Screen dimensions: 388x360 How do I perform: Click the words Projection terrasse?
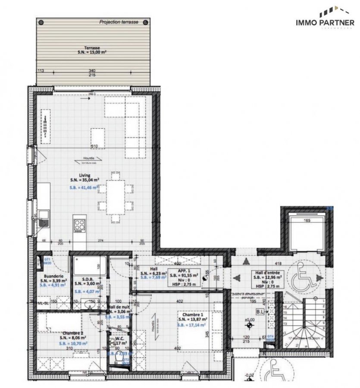click(119, 22)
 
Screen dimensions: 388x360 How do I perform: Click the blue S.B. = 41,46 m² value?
click(85, 188)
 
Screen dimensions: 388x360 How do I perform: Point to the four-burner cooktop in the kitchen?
click(80, 224)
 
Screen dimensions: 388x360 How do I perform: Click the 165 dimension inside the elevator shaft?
click(307, 220)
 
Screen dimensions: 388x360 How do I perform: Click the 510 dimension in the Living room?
click(94, 146)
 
